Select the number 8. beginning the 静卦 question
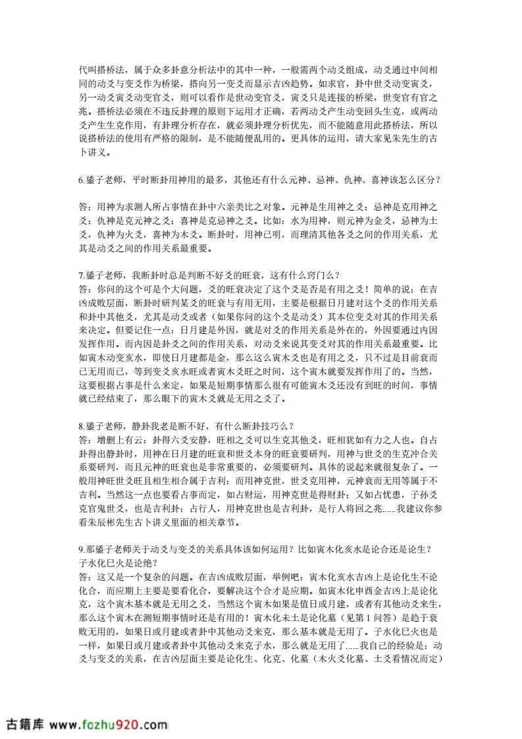tap(82, 425)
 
